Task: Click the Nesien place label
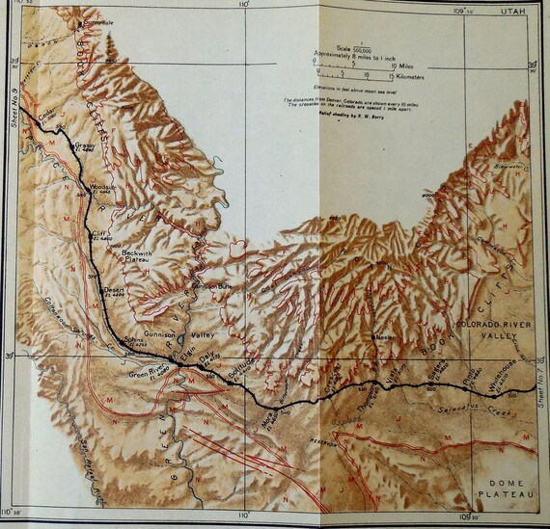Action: click(384, 338)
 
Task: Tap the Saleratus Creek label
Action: click(473, 410)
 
